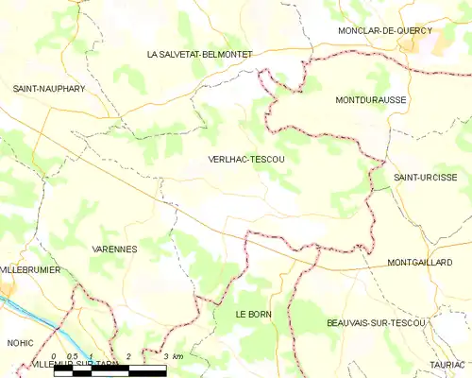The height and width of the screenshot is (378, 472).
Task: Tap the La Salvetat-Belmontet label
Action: (x=199, y=55)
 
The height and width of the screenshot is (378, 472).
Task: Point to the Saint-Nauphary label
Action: (x=49, y=88)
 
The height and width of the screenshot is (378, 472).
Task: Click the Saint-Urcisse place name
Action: (x=426, y=177)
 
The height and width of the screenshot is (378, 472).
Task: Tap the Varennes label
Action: (x=114, y=249)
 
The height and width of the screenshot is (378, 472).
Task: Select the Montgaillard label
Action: (x=420, y=262)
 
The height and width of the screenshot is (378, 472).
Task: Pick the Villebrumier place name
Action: (x=31, y=269)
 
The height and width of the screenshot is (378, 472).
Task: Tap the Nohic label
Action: (x=20, y=342)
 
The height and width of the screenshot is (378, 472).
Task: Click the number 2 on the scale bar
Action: (x=128, y=355)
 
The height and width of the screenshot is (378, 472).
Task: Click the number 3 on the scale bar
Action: (x=165, y=355)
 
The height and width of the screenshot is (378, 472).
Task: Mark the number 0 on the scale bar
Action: (x=55, y=355)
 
